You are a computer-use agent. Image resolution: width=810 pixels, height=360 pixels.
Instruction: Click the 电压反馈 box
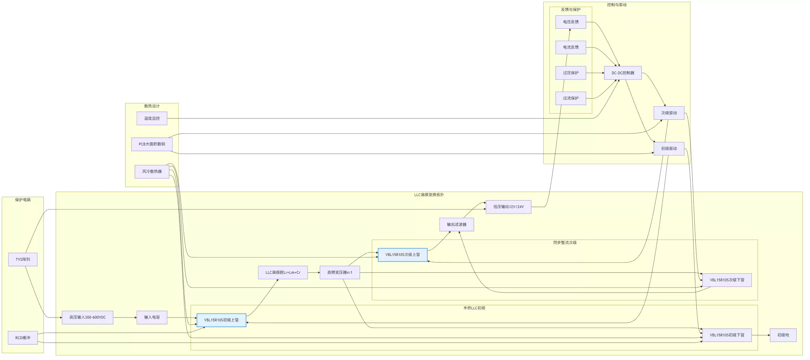[571, 22]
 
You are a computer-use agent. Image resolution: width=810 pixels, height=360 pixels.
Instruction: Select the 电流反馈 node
[571, 47]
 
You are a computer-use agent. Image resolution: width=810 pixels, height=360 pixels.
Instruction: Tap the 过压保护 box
[571, 73]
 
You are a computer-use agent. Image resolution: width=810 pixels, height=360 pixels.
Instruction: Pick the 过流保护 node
[571, 98]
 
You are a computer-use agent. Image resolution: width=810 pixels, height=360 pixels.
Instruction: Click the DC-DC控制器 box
[623, 73]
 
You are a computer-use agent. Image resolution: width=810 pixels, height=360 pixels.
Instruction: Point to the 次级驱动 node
[669, 113]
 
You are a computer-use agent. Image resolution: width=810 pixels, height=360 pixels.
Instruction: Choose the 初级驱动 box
[669, 149]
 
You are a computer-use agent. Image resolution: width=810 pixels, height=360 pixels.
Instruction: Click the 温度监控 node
[152, 118]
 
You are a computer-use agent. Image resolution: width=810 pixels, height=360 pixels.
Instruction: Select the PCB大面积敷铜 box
[152, 144]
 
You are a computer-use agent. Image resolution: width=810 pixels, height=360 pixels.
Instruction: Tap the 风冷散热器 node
[152, 171]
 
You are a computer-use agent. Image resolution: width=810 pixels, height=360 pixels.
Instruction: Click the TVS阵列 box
[23, 259]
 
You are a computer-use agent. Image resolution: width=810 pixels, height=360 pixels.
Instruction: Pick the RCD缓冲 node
[23, 338]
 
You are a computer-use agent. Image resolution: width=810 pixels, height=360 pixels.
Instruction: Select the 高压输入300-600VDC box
[88, 317]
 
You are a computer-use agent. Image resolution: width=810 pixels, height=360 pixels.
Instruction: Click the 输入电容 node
[152, 317]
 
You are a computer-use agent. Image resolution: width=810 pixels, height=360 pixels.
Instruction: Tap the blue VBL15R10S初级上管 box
[221, 320]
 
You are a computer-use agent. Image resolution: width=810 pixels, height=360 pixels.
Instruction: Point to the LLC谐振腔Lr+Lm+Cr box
[283, 272]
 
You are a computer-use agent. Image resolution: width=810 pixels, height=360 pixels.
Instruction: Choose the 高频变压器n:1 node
[340, 272]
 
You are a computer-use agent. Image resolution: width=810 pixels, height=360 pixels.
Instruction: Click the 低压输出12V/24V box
[508, 207]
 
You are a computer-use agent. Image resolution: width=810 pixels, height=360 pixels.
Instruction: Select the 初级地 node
[783, 335]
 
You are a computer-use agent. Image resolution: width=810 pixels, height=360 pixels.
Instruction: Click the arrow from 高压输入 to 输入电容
[125, 318]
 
